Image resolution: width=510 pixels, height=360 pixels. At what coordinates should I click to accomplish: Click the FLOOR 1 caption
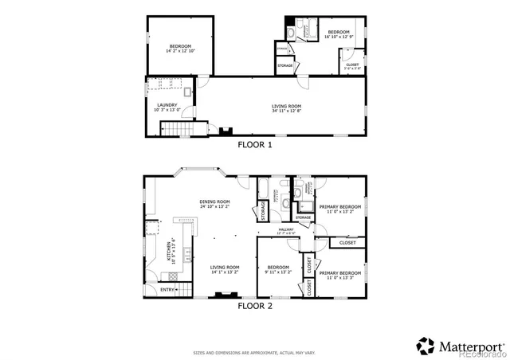tap(255, 145)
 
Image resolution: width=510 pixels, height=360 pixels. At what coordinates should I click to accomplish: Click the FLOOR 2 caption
tap(255, 304)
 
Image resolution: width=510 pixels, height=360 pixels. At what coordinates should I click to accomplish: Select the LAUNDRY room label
tap(167, 104)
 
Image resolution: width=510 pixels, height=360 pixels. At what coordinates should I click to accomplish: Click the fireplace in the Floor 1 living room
tap(226, 131)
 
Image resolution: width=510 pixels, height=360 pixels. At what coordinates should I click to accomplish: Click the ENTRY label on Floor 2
tap(167, 290)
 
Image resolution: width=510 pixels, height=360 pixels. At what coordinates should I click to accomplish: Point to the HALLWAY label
tap(286, 229)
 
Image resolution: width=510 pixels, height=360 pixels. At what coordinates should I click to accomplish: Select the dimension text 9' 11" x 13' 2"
tap(278, 272)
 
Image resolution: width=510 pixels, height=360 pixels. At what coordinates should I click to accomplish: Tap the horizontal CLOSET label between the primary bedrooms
tap(347, 242)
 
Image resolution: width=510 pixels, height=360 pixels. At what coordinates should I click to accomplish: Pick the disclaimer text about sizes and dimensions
tap(255, 352)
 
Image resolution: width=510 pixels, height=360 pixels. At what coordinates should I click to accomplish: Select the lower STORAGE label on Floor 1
tap(284, 65)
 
